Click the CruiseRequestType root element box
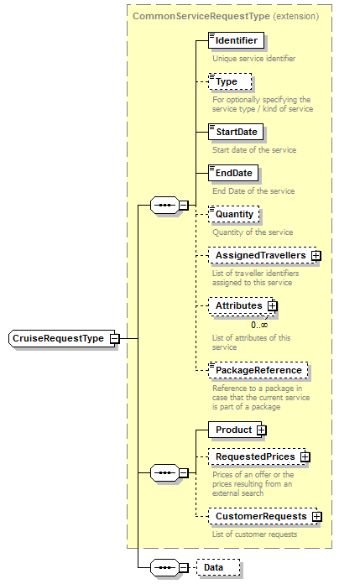click(x=58, y=338)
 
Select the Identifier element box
click(x=236, y=40)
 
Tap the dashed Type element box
click(x=226, y=82)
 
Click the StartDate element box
click(x=236, y=132)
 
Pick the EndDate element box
click(x=232, y=173)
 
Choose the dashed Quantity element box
click(x=234, y=214)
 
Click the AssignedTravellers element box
click(x=259, y=255)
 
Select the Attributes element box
click(x=238, y=305)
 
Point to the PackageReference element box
click(x=258, y=370)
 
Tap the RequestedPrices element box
click(x=254, y=456)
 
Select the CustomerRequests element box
click(x=260, y=516)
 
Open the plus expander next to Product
click(x=262, y=430)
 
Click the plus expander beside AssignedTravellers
click(x=316, y=255)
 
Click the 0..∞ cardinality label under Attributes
click(x=259, y=325)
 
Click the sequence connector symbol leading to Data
click(x=162, y=567)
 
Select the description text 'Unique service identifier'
click(x=253, y=59)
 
